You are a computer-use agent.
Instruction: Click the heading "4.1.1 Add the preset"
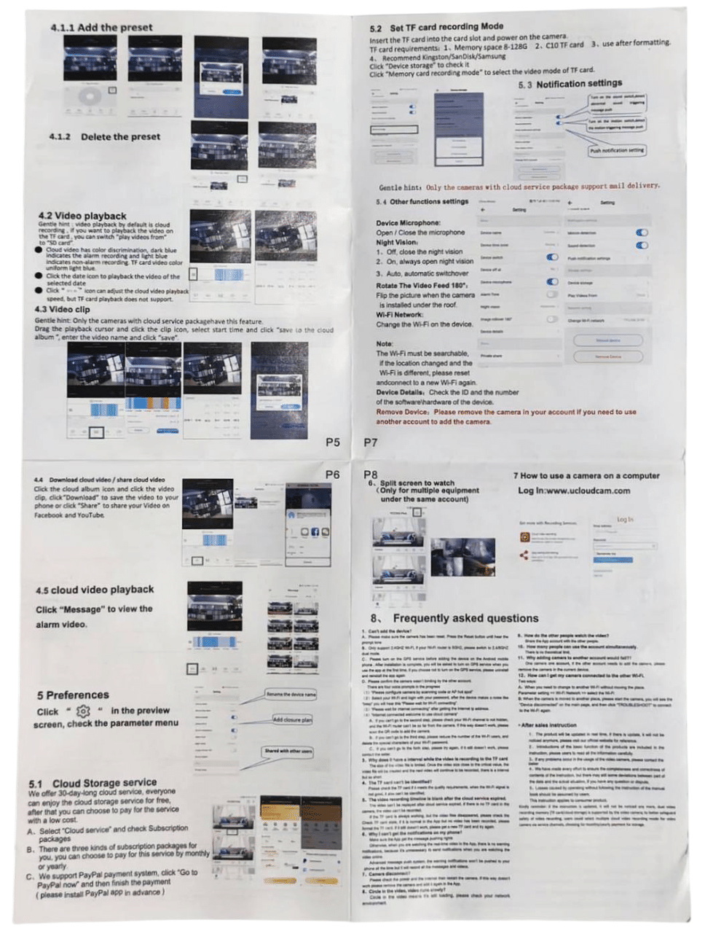(x=101, y=27)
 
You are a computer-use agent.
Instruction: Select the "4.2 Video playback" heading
(x=81, y=216)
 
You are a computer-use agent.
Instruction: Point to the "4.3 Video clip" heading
(x=63, y=309)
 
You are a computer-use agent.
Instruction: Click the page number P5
(x=333, y=442)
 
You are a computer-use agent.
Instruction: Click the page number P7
(x=371, y=442)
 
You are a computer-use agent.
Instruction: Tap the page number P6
(x=332, y=475)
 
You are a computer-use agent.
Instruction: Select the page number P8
(x=371, y=475)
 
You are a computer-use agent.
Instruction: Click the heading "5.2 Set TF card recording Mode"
(x=436, y=27)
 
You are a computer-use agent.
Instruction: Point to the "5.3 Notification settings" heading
(x=570, y=84)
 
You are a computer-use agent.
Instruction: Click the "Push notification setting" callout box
(x=616, y=150)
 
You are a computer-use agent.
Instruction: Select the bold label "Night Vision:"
(x=397, y=242)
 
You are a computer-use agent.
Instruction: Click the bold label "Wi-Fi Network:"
(x=400, y=314)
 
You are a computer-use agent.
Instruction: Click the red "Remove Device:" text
(x=403, y=412)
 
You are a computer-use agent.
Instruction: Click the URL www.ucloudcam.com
(x=586, y=491)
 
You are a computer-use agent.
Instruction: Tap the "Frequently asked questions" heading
(x=465, y=617)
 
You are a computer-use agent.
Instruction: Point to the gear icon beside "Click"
(x=83, y=711)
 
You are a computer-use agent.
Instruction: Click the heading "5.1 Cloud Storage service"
(x=92, y=783)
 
